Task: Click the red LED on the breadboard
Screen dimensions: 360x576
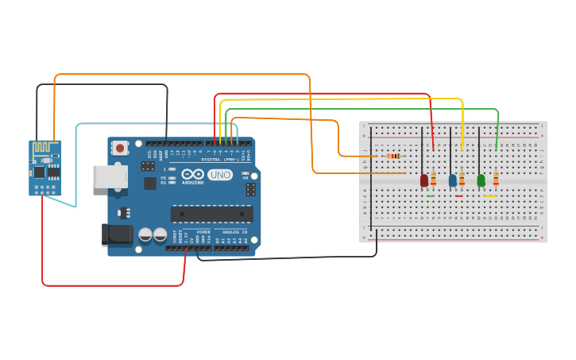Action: coord(424,180)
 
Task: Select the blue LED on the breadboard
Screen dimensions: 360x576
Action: coord(453,180)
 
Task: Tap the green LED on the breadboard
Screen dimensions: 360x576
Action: coord(481,180)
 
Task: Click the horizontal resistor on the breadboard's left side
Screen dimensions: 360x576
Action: coord(394,156)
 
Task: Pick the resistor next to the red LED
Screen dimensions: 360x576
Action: coord(433,179)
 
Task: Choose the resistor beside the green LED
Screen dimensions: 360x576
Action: coord(496,179)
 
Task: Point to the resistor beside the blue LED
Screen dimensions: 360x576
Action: coord(462,179)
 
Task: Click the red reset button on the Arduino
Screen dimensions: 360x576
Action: coord(120,147)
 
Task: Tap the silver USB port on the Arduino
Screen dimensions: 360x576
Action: coord(110,176)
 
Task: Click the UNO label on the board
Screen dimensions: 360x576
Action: coord(220,175)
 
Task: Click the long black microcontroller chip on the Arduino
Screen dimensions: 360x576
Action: coord(211,214)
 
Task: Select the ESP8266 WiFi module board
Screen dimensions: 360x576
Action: coord(45,168)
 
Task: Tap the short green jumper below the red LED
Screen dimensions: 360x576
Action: coord(430,195)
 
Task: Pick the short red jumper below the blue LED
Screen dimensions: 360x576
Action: coord(458,195)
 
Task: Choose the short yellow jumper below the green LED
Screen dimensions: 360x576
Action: coord(490,195)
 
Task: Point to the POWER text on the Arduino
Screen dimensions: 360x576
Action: coord(203,232)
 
